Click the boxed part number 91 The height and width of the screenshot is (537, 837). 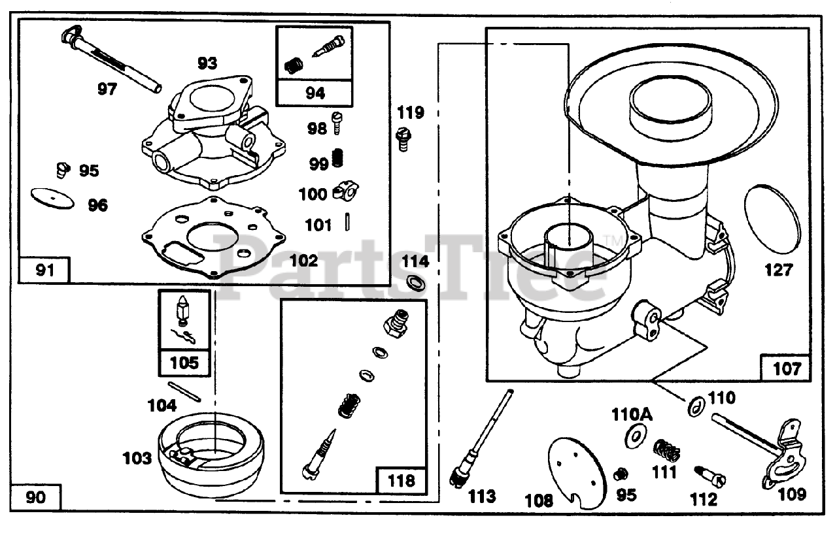click(x=44, y=270)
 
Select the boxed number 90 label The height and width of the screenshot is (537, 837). click(x=37, y=498)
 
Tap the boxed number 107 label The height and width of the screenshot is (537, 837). click(x=786, y=368)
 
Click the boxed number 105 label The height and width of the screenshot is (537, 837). click(x=184, y=362)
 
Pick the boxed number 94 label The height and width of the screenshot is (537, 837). click(x=315, y=93)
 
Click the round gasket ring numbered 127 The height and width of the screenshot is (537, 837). click(x=772, y=216)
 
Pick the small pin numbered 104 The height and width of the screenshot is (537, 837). click(x=185, y=392)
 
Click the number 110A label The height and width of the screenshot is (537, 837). click(x=632, y=415)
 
